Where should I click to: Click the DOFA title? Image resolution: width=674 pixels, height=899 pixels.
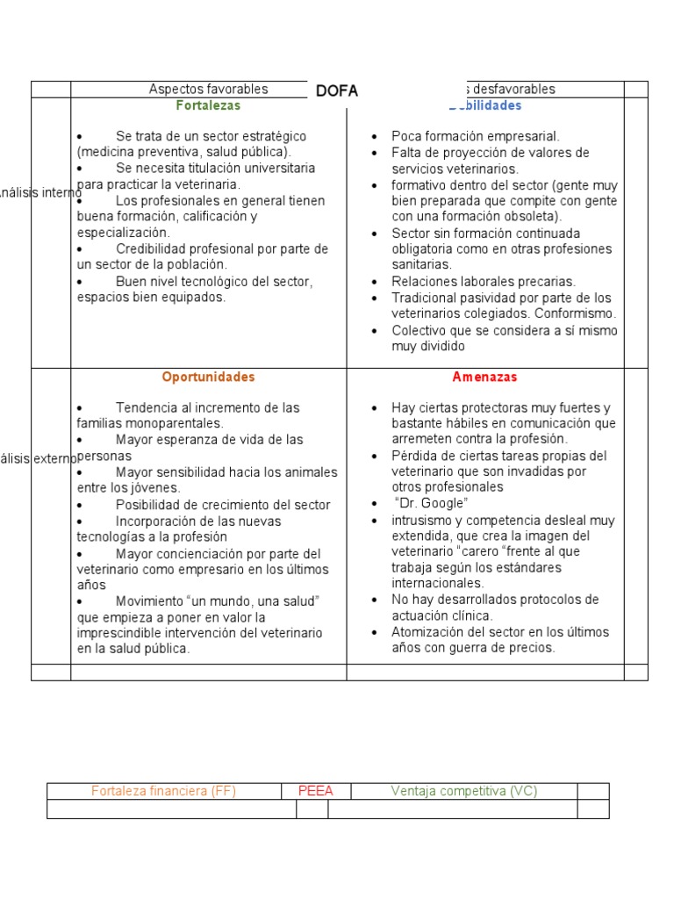pyautogui.click(x=338, y=91)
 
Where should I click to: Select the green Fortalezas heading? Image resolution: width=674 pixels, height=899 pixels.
pyautogui.click(x=208, y=105)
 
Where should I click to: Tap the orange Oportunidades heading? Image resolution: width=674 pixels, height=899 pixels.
pyautogui.click(x=208, y=377)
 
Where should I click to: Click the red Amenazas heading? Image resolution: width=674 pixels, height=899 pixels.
pyautogui.click(x=484, y=377)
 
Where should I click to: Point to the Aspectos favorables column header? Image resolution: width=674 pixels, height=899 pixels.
pyautogui.click(x=208, y=89)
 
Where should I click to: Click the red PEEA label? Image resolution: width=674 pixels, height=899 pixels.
pyautogui.click(x=316, y=791)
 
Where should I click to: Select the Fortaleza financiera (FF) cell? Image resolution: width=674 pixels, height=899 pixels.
pyautogui.click(x=163, y=791)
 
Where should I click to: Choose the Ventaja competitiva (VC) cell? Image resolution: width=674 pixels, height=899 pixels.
pyautogui.click(x=463, y=791)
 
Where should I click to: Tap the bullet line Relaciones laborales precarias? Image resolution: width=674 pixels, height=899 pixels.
pyautogui.click(x=484, y=281)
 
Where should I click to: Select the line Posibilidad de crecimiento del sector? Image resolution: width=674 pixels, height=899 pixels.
pyautogui.click(x=223, y=505)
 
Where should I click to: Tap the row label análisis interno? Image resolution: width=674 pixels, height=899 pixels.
pyautogui.click(x=39, y=192)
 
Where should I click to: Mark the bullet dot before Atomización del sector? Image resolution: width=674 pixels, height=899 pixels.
pyautogui.click(x=374, y=632)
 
